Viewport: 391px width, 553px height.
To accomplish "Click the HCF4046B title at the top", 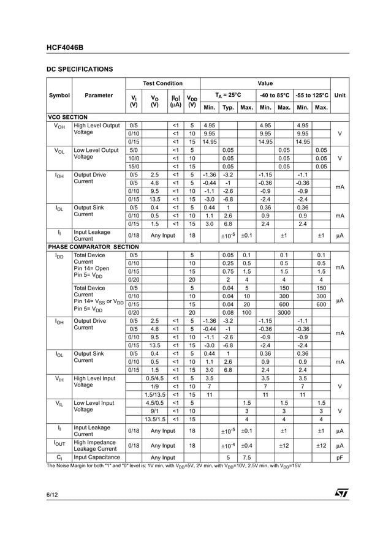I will tap(65, 47).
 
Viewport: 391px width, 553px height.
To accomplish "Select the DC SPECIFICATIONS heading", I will tap(80, 69).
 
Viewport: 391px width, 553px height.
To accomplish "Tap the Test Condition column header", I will tap(162, 83).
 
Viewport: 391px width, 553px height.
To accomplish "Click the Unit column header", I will tap(340, 96).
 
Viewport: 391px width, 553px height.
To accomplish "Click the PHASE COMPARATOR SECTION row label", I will tap(93, 247).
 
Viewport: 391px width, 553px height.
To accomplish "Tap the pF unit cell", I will tap(340, 457).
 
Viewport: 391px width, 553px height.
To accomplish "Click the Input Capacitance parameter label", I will tap(96, 457).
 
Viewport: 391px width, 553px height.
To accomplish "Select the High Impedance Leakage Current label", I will tap(94, 445).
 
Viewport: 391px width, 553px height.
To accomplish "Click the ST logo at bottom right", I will tap(341, 493).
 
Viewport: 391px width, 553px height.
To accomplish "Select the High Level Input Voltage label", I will tap(94, 382).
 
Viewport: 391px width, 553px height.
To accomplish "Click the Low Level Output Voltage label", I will tap(96, 154).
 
